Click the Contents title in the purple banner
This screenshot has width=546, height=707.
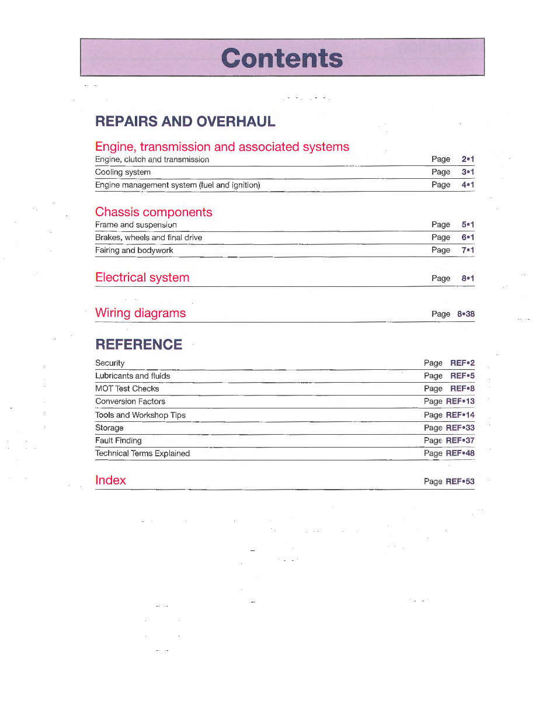[x=282, y=58]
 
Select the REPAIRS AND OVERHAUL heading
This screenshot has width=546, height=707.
[x=185, y=122]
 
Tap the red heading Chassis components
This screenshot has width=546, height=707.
[x=154, y=212]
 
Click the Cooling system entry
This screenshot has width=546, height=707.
[x=123, y=172]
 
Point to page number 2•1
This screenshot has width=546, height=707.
[x=467, y=159]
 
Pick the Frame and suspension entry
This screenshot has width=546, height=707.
[x=136, y=225]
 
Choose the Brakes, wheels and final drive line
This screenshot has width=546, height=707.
[x=148, y=238]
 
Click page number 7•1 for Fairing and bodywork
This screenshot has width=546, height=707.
[x=467, y=250]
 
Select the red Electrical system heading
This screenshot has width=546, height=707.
[x=142, y=278]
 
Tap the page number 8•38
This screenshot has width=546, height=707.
[x=466, y=314]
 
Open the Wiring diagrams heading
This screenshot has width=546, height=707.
[x=140, y=313]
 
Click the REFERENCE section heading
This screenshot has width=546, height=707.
[x=138, y=345]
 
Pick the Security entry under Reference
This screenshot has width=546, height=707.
[x=110, y=363]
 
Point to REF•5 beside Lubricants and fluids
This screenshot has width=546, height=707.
[x=462, y=376]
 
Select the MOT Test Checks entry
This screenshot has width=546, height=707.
[x=127, y=389]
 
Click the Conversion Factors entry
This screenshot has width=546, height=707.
[x=130, y=402]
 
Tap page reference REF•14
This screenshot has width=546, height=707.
[x=460, y=415]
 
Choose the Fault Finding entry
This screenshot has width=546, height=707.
[x=119, y=441]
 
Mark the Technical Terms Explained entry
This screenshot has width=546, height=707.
[x=142, y=453]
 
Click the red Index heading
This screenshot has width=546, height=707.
[x=110, y=480]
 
